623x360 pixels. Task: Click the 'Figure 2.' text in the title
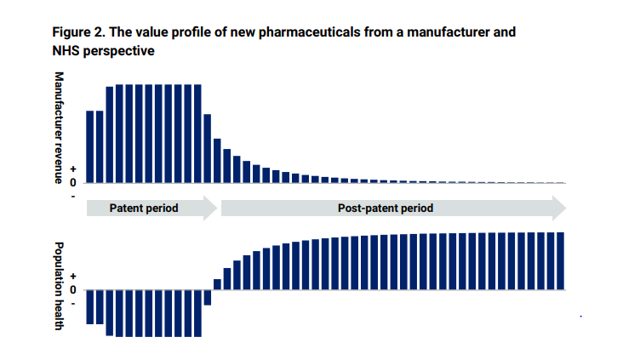[x=80, y=32]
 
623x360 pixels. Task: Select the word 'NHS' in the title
[x=67, y=51]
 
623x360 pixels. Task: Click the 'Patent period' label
[x=144, y=208]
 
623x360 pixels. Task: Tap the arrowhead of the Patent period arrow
[x=210, y=208]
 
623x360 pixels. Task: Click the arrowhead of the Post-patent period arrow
[x=558, y=208]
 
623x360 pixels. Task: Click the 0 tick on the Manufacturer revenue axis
[x=73, y=182]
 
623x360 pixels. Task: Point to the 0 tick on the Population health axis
[x=73, y=289]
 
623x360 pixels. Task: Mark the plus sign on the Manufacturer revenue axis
[x=73, y=170]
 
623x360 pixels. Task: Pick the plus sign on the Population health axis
[x=73, y=277]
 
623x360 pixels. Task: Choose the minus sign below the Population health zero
[x=73, y=302]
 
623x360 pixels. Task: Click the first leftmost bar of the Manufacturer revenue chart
[x=90, y=146]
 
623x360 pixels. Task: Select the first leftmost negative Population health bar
[x=90, y=306]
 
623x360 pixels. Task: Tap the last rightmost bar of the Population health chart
[x=560, y=260]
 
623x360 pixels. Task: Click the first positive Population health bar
[x=217, y=284]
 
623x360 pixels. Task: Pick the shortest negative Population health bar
[x=207, y=297]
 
